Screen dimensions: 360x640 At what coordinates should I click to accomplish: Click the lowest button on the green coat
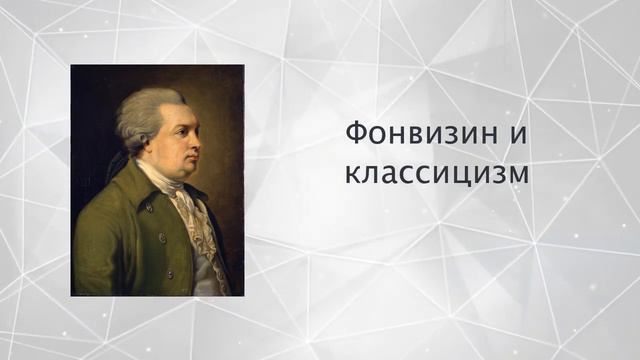click(168, 272)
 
